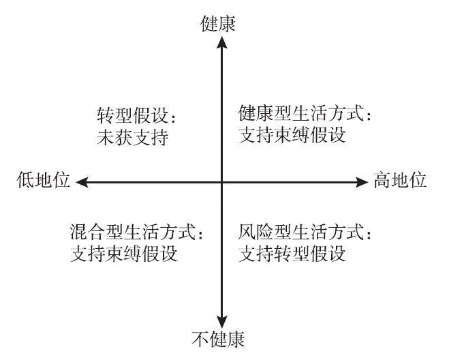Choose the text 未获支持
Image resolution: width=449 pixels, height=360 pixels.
133,137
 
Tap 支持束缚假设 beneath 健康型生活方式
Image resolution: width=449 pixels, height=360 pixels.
293,134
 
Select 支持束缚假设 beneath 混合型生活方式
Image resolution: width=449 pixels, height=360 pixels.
124,254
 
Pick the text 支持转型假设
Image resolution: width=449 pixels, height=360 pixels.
293,254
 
